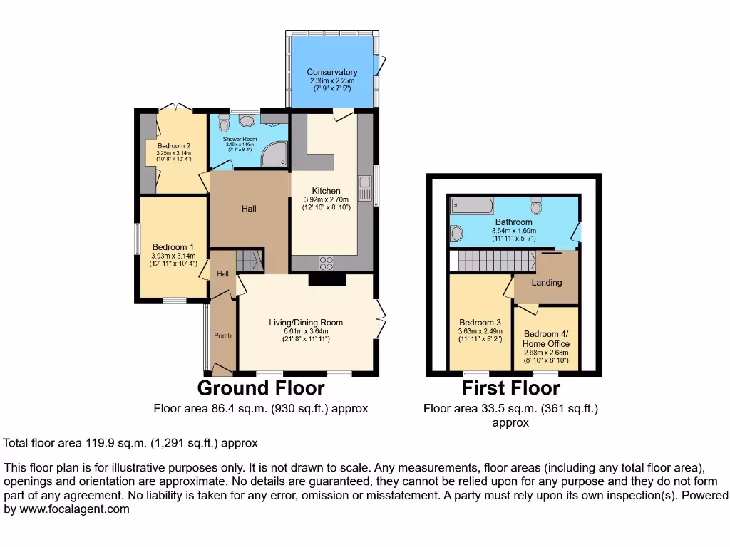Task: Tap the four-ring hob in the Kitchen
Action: click(327, 263)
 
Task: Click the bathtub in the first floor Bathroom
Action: click(472, 207)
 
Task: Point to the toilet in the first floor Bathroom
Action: click(536, 207)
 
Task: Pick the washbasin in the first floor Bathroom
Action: click(457, 234)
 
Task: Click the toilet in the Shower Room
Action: click(224, 123)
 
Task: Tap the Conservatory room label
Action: click(331, 72)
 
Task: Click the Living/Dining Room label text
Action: click(306, 323)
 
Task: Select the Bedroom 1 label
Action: click(170, 247)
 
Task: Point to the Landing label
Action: click(547, 282)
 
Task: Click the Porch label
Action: click(223, 335)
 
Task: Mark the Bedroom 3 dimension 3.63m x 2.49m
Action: click(480, 331)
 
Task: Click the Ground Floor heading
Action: click(261, 388)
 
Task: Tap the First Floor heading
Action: click(510, 388)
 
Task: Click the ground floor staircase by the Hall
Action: click(249, 261)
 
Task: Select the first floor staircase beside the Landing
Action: click(495, 261)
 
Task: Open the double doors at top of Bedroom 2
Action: click(175, 108)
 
